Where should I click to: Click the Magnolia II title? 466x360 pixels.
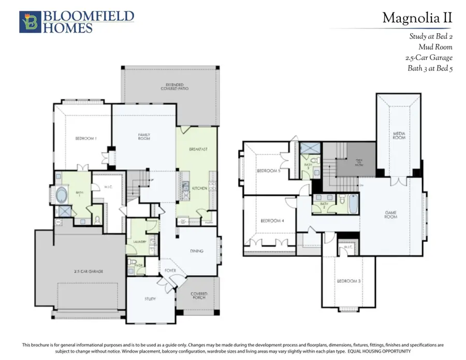[417, 19]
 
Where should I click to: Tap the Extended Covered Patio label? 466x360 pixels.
[177, 87]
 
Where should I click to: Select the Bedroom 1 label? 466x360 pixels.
[86, 138]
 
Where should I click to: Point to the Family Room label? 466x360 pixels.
[144, 137]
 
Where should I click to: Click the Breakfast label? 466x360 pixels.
[198, 149]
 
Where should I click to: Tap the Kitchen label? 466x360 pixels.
[199, 188]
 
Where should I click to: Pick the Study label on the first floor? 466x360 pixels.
[150, 299]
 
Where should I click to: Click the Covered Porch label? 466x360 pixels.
[199, 295]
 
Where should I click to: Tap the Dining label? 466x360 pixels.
[196, 251]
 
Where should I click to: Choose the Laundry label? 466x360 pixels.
[137, 241]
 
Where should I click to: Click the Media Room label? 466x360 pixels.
[399, 136]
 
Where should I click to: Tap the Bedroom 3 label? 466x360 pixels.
[347, 281]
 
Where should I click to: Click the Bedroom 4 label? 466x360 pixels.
[271, 221]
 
